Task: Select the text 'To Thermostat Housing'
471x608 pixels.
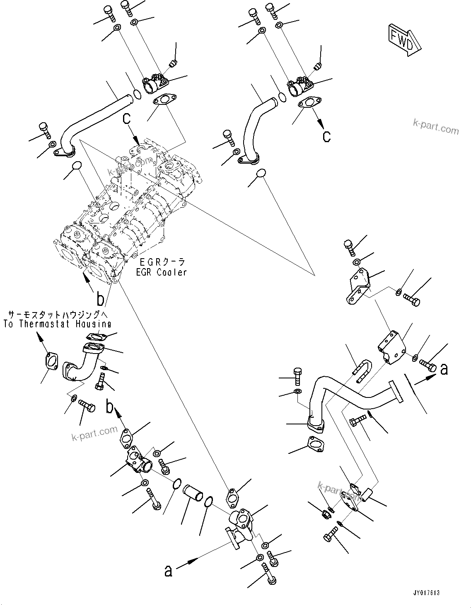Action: (57, 324)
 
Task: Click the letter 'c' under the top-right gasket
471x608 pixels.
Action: (327, 136)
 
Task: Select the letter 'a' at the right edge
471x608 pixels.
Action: (444, 368)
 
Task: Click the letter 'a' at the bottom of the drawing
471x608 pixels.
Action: (168, 571)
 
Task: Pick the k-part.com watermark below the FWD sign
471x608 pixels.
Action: (436, 126)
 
